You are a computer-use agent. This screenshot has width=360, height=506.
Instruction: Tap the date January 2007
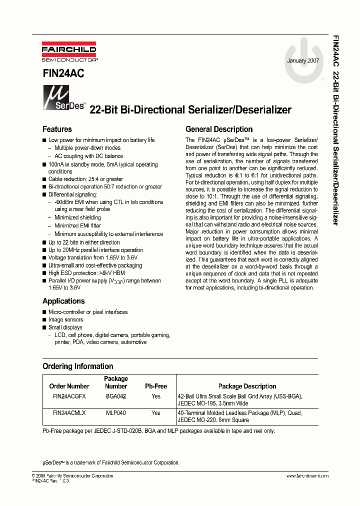[x=303, y=60]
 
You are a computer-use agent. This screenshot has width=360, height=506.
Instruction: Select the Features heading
[x=57, y=129]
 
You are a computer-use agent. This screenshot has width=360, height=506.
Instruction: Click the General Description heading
[x=219, y=129]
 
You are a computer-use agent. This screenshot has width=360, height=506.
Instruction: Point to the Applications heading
[x=63, y=301]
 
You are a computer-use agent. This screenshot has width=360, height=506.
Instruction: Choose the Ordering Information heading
[x=78, y=366]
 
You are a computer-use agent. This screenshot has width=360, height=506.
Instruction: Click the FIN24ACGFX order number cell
[x=69, y=396]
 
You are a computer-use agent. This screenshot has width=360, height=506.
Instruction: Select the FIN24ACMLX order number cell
[x=69, y=413]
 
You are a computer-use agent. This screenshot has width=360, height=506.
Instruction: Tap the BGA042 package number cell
[x=116, y=396]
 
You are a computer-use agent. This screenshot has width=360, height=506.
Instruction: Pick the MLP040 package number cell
[x=116, y=413]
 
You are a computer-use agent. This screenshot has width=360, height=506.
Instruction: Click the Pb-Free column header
[x=156, y=386]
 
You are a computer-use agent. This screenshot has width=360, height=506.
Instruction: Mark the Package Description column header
[x=247, y=386]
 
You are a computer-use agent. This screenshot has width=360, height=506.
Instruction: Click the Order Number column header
[x=69, y=386]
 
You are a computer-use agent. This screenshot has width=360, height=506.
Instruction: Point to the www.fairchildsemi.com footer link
[x=307, y=475]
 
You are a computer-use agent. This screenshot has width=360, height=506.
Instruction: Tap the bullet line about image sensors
[x=65, y=319]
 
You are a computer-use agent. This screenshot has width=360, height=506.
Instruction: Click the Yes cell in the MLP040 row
[x=156, y=413]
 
